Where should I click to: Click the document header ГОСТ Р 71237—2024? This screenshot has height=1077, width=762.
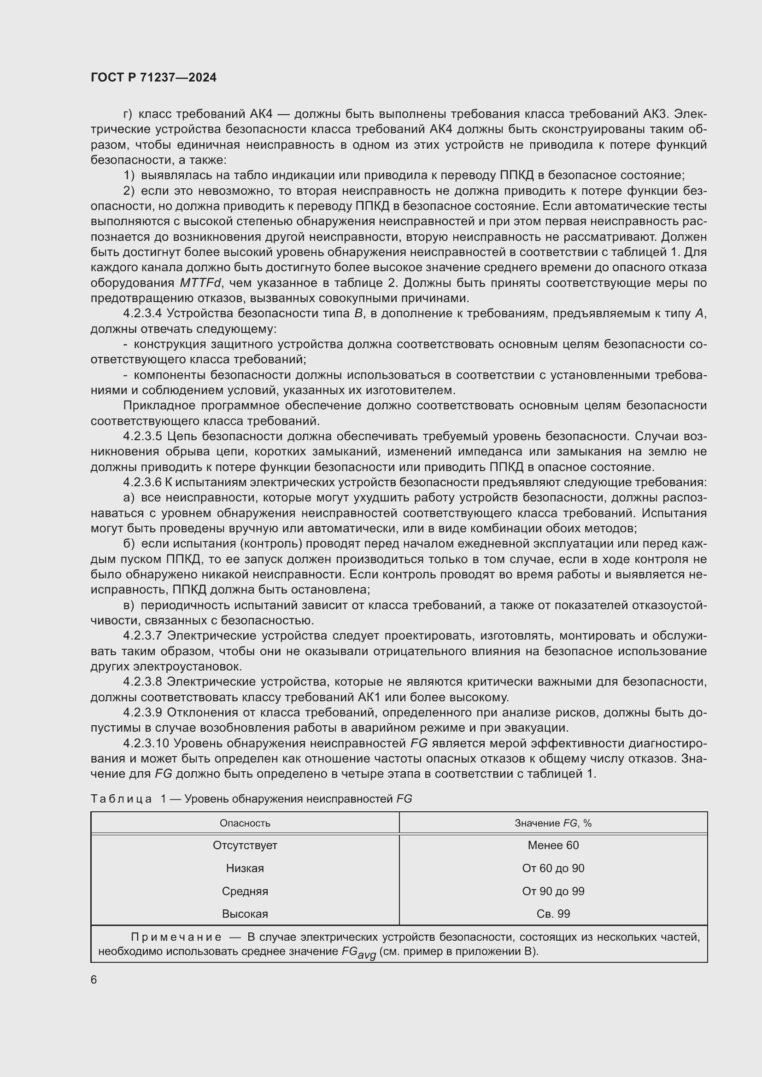[153, 78]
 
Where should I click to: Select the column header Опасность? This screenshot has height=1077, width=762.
[245, 823]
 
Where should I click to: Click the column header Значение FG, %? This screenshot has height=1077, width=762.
[553, 823]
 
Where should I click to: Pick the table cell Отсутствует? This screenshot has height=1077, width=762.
[245, 845]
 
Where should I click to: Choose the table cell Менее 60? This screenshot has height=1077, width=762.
[553, 845]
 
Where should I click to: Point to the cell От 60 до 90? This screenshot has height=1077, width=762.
[553, 868]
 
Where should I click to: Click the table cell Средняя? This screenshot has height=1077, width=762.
[245, 891]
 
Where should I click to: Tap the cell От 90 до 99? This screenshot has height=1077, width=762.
[553, 891]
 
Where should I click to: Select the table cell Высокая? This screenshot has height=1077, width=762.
[245, 914]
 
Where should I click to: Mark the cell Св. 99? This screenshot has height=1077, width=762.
[553, 914]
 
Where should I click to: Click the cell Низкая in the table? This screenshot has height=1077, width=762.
[245, 868]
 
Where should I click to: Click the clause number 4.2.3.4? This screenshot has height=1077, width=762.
[143, 314]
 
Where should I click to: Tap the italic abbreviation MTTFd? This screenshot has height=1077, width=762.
[200, 283]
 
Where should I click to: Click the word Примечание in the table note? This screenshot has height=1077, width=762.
[176, 937]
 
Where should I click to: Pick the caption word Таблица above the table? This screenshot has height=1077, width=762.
[121, 799]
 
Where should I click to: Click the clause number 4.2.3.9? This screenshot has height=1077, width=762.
[143, 712]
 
